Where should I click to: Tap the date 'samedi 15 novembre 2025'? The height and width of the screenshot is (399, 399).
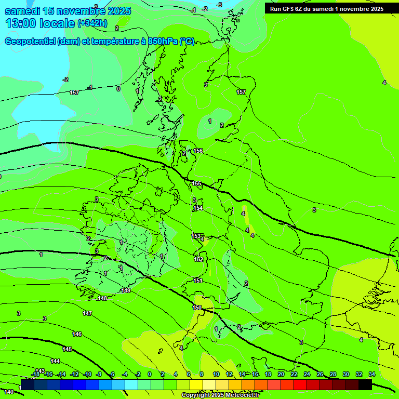click(x=68, y=11)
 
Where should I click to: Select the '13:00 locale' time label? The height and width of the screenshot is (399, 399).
click(x=40, y=23)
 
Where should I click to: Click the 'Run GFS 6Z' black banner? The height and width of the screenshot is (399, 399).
click(x=326, y=8)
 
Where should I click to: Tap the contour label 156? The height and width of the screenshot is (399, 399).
click(x=198, y=151)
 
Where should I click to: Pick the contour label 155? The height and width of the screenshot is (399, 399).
click(x=196, y=183)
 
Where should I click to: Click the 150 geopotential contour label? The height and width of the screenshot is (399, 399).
click(x=197, y=308)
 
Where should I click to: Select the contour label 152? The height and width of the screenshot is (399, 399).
click(x=198, y=259)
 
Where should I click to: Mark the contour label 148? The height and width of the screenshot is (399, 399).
click(x=103, y=298)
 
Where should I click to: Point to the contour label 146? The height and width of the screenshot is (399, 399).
click(x=77, y=334)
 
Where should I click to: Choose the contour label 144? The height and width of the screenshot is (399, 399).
click(x=55, y=361)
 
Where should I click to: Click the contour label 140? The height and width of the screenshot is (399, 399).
click(x=8, y=392)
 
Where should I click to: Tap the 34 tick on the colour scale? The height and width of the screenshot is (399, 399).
click(x=372, y=374)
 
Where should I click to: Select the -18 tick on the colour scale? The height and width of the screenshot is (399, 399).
click(x=36, y=374)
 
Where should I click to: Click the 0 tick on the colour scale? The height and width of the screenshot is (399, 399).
click(x=150, y=374)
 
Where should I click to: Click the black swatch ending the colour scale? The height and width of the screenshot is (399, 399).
click(x=365, y=384)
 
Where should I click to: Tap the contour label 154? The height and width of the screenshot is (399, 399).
click(x=198, y=208)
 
